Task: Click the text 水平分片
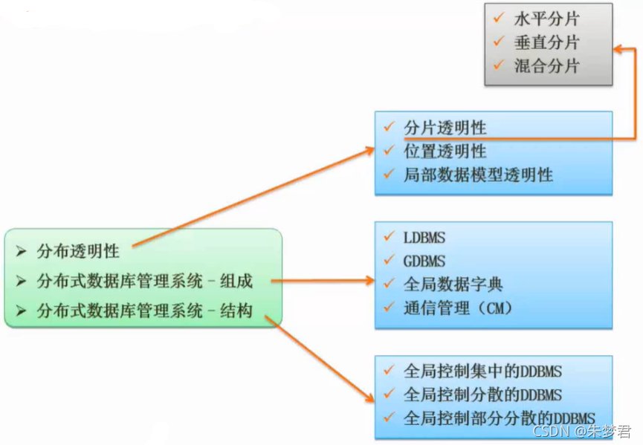point(546,19)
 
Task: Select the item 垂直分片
point(546,42)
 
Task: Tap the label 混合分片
point(546,65)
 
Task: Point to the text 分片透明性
point(445,128)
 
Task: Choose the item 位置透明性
point(445,151)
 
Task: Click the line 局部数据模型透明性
point(478,175)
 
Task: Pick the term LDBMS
point(424,238)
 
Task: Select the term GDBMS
point(424,261)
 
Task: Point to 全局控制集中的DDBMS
point(482,371)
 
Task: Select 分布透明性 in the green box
point(78,251)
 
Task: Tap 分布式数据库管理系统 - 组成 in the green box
point(145,282)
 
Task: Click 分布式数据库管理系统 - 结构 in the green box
point(145,311)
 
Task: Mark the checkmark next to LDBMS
point(389,238)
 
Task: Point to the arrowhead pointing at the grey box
point(618,49)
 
